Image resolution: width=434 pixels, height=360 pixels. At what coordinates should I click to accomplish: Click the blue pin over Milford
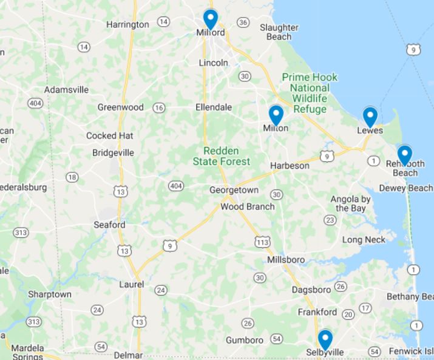[210, 19]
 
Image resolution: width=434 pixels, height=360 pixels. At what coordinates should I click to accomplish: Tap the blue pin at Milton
[276, 115]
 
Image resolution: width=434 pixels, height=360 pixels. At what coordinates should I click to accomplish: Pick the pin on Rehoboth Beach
[404, 155]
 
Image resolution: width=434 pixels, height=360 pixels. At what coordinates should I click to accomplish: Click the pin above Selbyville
[325, 339]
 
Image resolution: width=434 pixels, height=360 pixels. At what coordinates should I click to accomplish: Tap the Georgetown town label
[234, 190]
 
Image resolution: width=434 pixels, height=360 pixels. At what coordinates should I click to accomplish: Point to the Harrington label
[127, 25]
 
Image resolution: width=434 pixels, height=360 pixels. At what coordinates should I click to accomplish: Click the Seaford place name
[109, 225]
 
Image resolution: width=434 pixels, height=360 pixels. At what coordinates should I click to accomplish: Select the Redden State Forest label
[221, 156]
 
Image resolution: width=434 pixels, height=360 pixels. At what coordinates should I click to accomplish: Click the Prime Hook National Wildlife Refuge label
[310, 93]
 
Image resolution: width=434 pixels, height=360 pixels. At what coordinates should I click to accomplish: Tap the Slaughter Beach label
[279, 32]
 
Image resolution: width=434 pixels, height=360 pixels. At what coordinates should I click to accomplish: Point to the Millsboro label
[286, 260]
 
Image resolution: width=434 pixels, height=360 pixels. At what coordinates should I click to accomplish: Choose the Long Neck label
[364, 240]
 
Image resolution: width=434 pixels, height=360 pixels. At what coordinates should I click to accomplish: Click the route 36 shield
[243, 22]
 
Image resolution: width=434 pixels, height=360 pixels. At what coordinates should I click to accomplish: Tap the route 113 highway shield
[263, 242]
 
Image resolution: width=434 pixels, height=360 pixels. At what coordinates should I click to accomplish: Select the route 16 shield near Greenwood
[159, 107]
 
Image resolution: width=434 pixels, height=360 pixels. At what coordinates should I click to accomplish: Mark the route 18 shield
[72, 177]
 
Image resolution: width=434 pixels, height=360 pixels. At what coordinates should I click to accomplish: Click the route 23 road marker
[330, 220]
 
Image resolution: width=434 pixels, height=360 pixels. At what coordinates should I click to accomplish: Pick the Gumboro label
[245, 340]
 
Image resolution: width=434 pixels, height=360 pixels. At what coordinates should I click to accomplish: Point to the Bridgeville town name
[113, 153]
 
